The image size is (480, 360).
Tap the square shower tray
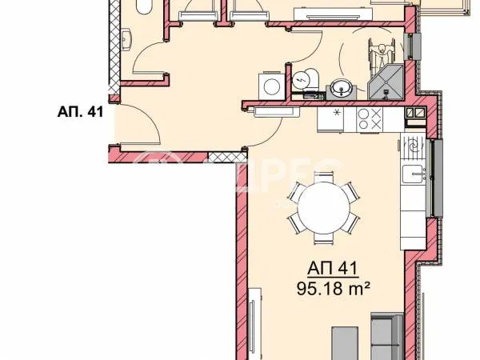(387, 82)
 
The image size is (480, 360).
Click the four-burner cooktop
(370, 120)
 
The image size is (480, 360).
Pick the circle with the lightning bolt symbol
(301, 80)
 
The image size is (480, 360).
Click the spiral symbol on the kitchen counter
(413, 146)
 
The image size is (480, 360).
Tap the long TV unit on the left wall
(254, 328)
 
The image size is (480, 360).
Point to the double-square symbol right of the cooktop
(415, 115)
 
